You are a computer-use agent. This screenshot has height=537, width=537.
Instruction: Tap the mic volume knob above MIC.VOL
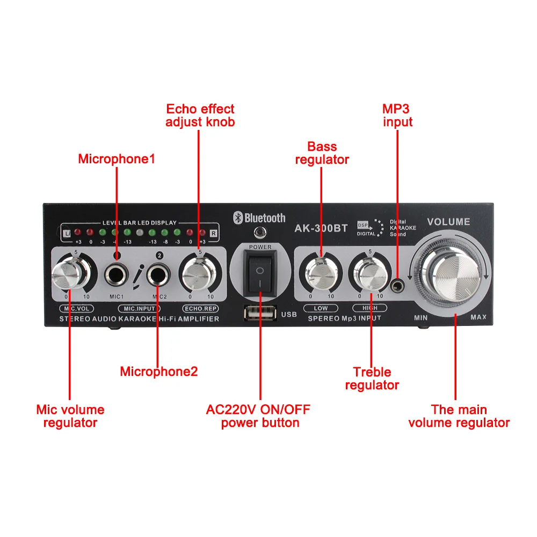[70, 274]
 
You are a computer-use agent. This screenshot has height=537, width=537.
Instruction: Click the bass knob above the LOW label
[321, 274]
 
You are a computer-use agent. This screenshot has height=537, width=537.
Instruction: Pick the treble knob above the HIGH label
[370, 274]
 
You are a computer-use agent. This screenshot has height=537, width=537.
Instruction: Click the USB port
[260, 313]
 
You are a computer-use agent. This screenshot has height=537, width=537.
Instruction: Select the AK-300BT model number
[321, 228]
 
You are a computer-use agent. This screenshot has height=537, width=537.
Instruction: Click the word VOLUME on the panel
[448, 222]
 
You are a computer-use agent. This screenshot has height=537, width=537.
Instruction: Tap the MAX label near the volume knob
[478, 317]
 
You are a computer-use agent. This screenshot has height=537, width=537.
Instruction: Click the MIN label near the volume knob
[420, 317]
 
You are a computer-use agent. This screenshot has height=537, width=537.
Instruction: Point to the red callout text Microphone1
[117, 159]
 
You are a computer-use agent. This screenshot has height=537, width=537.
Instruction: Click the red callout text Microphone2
[159, 371]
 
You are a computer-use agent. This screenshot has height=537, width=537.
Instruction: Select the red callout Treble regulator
[372, 379]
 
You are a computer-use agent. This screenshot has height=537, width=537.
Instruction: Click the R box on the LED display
[213, 234]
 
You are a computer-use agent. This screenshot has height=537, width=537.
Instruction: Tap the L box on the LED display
[67, 234]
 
